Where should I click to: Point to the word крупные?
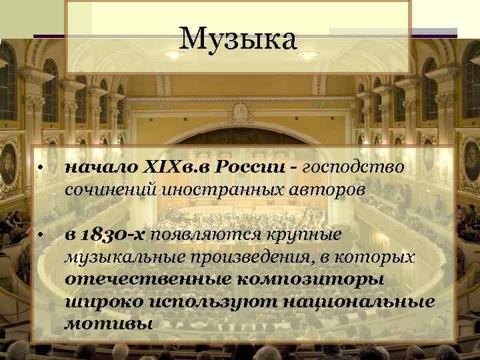pos(306,235)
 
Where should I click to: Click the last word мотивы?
pos(99,325)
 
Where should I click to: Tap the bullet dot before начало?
pos(41,167)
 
